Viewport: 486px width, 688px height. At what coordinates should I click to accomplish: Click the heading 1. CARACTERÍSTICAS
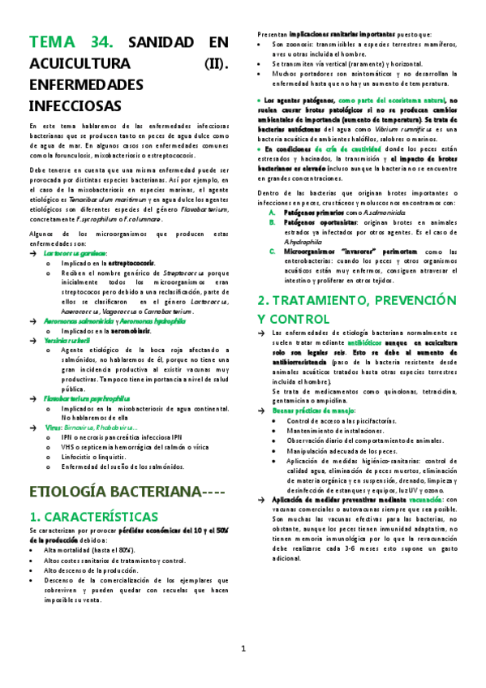93,516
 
